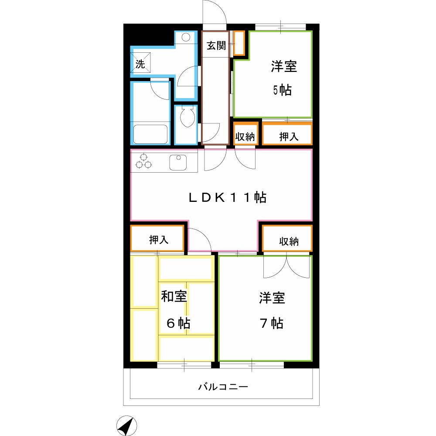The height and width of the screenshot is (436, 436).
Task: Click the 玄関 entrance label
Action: click(216, 46)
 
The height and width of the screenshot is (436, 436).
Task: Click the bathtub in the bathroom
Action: click(150, 134)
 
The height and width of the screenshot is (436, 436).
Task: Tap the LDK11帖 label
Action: click(227, 198)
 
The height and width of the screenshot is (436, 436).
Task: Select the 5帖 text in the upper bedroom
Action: click(282, 90)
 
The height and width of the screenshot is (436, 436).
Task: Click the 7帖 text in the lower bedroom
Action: click(272, 324)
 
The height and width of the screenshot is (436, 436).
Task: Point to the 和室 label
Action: click(174, 296)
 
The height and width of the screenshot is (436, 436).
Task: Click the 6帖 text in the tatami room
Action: click(178, 324)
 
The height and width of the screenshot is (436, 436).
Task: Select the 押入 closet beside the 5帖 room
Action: click(288, 136)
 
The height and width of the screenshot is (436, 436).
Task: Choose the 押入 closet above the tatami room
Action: click(158, 239)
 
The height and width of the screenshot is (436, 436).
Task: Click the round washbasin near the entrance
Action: click(186, 37)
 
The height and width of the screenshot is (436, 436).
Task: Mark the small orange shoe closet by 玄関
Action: click(239, 43)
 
